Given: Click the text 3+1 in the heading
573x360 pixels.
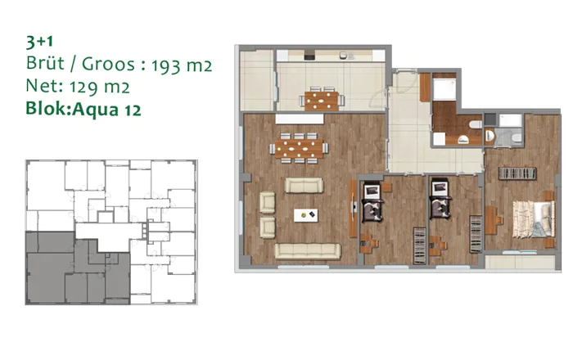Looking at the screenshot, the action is [x=39, y=42].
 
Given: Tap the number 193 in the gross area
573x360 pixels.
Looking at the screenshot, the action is [x=166, y=66].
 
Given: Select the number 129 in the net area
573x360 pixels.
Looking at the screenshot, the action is [x=83, y=88].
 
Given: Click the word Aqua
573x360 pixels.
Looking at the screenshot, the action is [x=96, y=109].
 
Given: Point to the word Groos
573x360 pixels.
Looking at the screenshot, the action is [x=108, y=65].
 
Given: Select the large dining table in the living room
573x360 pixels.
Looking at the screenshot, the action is [x=299, y=148].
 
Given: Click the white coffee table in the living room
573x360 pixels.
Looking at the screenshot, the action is [x=306, y=215].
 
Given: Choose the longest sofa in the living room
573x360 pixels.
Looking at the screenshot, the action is [x=307, y=251].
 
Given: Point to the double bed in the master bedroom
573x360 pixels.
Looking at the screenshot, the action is [x=534, y=219].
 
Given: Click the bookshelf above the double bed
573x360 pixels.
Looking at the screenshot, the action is [x=517, y=173].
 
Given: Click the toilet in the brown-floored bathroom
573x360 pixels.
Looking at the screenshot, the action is [x=476, y=124].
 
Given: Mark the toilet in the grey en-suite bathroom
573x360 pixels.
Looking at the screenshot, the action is [x=517, y=138].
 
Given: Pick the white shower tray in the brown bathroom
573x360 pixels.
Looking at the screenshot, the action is [x=444, y=89].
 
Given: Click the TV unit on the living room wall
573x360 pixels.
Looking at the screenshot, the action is [x=353, y=209].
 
